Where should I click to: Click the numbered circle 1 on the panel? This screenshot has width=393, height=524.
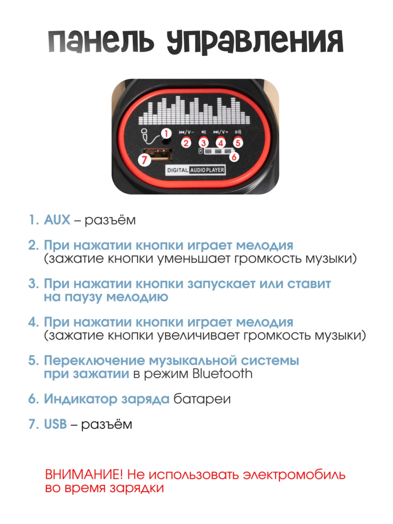(166, 133)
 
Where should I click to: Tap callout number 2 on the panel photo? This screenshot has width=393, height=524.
(186, 143)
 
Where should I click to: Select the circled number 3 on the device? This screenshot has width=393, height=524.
(203, 143)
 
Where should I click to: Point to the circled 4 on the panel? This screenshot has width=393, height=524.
(221, 143)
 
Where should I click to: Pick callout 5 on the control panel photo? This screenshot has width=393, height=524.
(238, 143)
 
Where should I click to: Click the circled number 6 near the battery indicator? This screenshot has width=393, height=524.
(234, 157)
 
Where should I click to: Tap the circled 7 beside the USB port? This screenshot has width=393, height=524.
(144, 160)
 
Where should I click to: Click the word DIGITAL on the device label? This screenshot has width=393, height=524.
(178, 170)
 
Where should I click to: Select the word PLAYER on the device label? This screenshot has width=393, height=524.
(215, 170)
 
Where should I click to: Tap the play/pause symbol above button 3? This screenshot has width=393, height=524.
(204, 132)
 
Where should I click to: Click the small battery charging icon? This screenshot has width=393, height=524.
(201, 151)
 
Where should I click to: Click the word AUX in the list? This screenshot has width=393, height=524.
(57, 220)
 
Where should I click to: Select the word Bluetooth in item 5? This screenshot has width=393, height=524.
(222, 373)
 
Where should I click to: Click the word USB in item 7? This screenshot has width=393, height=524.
(55, 424)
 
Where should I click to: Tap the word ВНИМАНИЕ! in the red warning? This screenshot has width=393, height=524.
(84, 474)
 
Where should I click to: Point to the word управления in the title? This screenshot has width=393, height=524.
(255, 42)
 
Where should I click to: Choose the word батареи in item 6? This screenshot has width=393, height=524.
(202, 399)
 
